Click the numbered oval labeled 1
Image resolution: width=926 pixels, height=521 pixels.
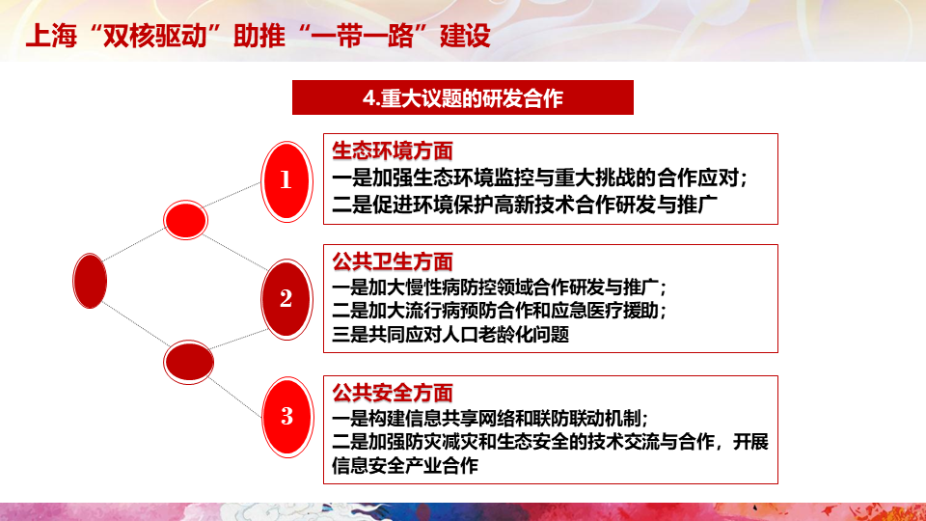[286, 181]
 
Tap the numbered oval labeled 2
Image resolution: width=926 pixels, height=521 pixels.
[286, 299]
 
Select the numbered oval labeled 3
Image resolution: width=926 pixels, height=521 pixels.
[287, 417]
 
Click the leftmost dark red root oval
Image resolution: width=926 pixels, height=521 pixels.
[90, 281]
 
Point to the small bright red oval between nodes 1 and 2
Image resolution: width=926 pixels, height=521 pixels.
[185, 220]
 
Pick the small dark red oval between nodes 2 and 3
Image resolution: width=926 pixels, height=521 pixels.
[188, 362]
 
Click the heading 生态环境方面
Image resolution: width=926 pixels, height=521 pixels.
[393, 151]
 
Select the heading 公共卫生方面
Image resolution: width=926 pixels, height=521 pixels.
[393, 261]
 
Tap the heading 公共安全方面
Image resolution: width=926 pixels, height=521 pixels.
[393, 393]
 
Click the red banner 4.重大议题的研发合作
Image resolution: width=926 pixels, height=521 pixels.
[463, 97]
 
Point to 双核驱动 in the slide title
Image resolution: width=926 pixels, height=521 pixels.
[154, 36]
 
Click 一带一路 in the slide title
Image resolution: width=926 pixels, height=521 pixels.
[362, 36]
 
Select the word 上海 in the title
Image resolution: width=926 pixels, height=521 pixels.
[51, 36]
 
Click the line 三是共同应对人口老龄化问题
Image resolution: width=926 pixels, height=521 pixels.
[450, 335]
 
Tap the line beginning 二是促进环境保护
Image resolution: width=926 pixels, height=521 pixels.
[525, 205]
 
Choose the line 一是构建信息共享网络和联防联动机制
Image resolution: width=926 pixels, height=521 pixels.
[490, 418]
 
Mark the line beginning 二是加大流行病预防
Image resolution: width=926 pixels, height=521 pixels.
[499, 310]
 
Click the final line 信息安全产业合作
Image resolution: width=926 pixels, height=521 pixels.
[405, 465]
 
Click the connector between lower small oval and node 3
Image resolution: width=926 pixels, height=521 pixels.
[235, 398]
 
